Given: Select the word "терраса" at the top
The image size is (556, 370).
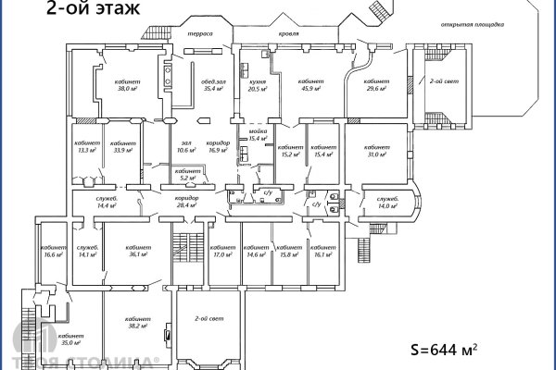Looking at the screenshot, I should click(199, 34).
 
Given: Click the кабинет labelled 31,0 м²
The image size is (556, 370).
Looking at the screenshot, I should click(377, 151).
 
